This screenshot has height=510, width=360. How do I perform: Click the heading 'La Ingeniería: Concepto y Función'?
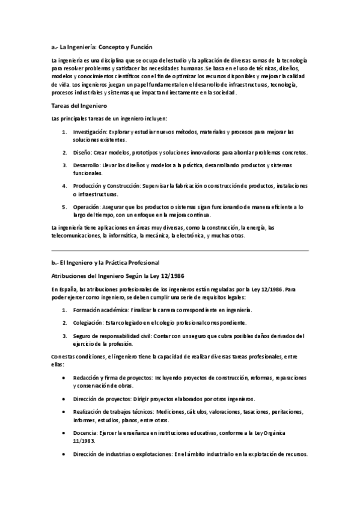click(x=106, y=46)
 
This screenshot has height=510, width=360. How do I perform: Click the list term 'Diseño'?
click(x=82, y=153)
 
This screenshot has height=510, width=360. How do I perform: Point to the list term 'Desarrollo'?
click(x=87, y=164)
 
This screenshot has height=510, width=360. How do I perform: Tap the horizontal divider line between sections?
click(x=180, y=248)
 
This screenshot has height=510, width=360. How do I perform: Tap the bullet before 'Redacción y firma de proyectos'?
click(x=64, y=377)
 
